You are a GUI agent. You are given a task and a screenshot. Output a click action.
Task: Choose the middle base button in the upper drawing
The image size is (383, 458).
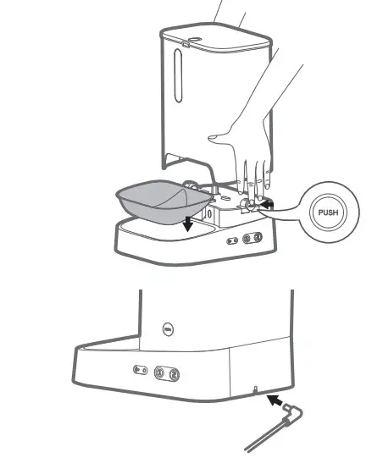pyautogui.click(x=247, y=239)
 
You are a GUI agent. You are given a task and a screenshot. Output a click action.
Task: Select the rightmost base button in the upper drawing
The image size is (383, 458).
pyautogui.click(x=260, y=239)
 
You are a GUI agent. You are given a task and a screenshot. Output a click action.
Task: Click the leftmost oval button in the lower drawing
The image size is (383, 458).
pyautogui.click(x=138, y=370)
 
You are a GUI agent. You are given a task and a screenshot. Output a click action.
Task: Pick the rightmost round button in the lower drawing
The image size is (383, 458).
pyautogui.click(x=174, y=373)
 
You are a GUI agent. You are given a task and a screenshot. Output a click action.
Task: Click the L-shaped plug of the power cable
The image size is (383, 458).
pyautogui.click(x=293, y=412)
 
